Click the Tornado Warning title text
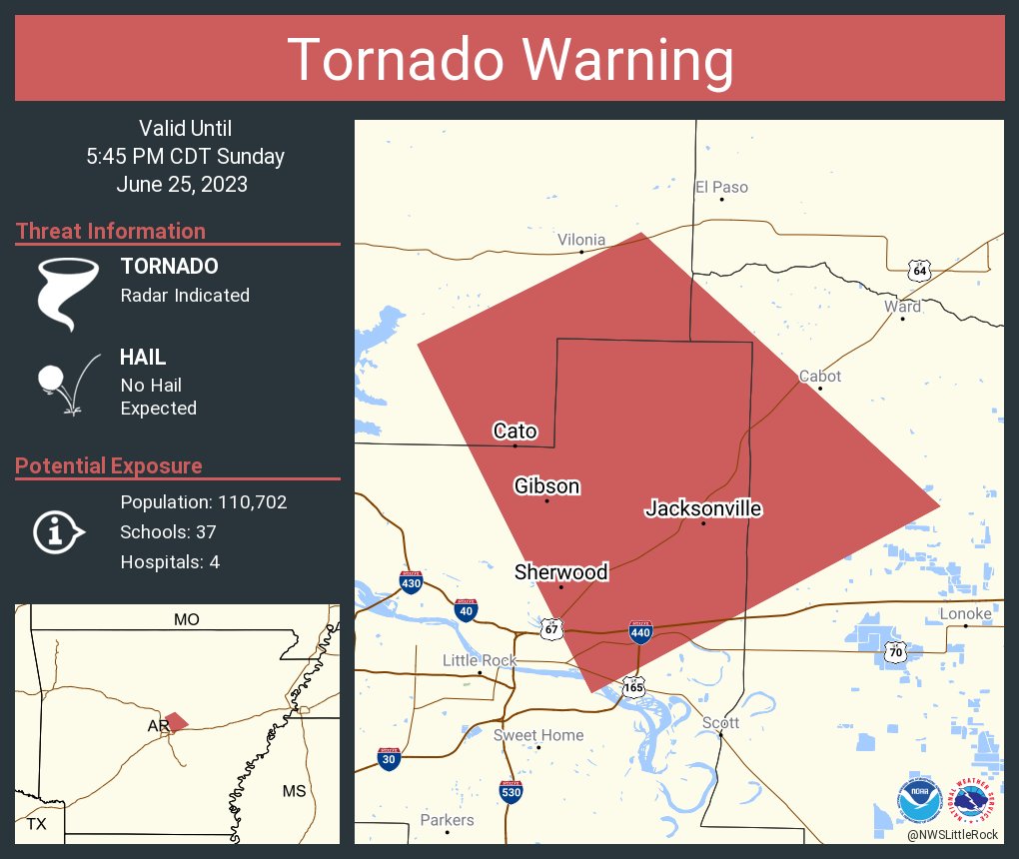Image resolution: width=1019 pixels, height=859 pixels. pos(509,60)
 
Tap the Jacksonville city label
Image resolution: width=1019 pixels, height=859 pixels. pos(703,508)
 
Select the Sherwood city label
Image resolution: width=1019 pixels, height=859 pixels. pos(560,571)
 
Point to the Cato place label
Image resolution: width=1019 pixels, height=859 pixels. pos(514,431)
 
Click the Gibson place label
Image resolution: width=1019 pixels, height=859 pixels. pos(546,485)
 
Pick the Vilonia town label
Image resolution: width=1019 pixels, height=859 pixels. pos(581,240)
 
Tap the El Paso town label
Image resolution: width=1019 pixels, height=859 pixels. pos(721,187)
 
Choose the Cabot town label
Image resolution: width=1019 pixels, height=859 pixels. pos(820,377)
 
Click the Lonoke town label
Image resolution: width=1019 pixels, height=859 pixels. pos(965,613)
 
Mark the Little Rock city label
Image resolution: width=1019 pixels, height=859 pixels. pos(480,660)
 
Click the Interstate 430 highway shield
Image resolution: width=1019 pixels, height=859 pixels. pos(411,581)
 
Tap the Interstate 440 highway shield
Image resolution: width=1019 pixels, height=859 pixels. pos(640,632)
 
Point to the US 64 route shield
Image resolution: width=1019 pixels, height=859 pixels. pos(920,270)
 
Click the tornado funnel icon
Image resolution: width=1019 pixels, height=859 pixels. pos(68,293)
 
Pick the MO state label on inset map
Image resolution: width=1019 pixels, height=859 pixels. pos(186,619)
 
